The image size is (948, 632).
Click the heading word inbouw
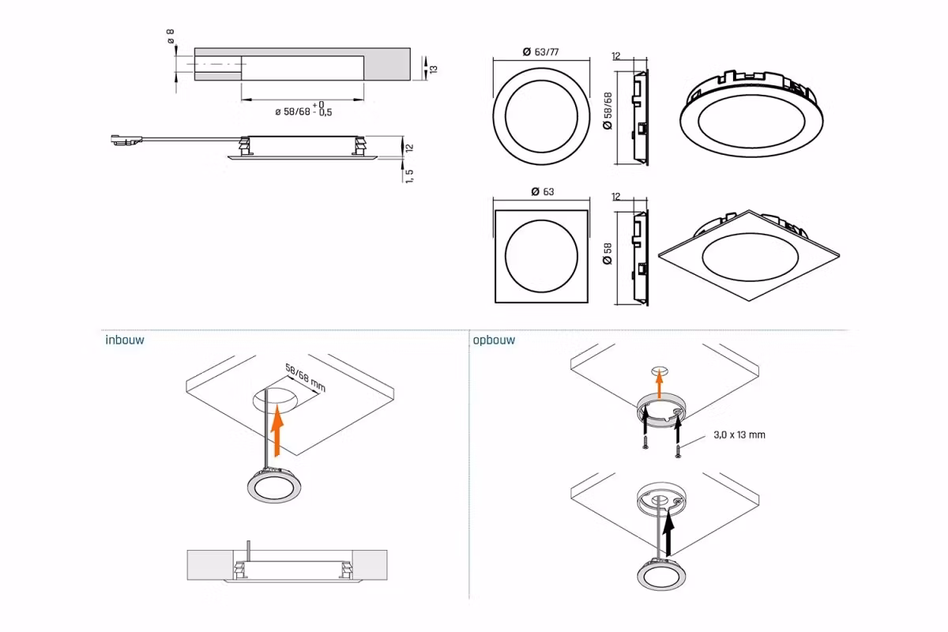125,340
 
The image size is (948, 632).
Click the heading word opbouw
494,340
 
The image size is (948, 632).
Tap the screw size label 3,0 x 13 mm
739,434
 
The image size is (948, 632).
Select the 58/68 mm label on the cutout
305,378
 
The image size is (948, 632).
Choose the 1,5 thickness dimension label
409,175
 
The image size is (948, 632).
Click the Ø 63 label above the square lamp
543,192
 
